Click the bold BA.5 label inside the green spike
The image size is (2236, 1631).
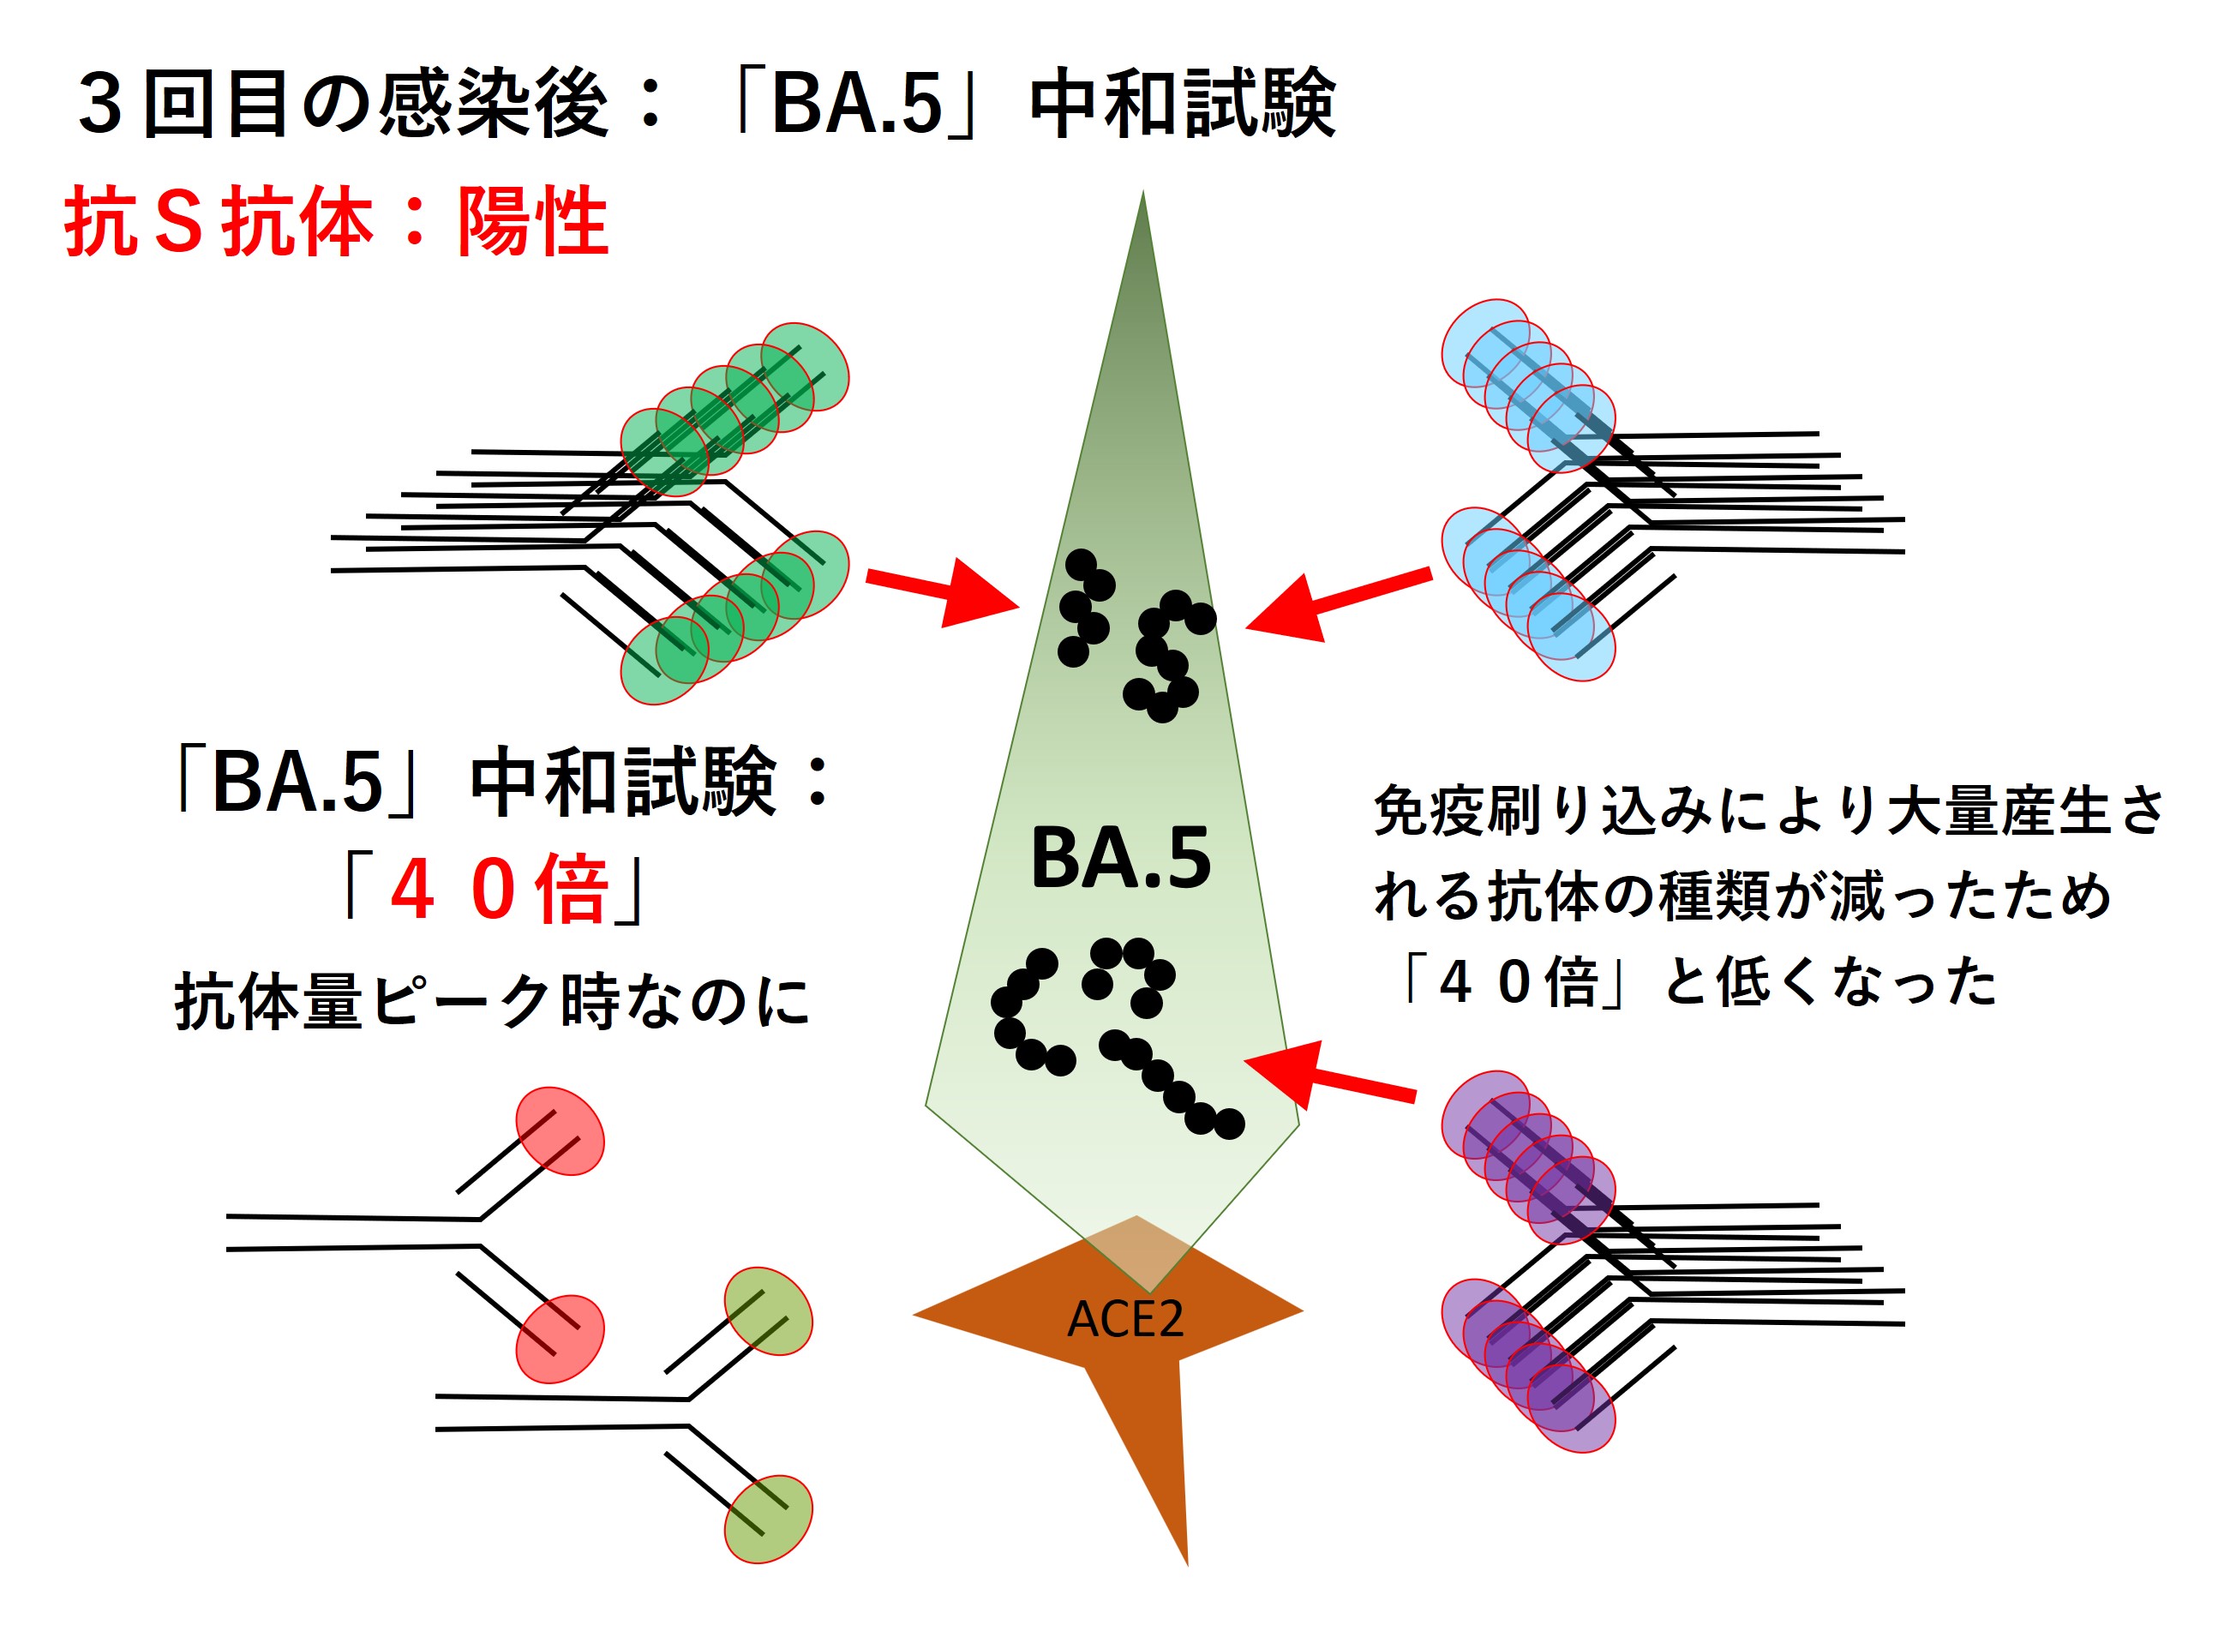(1120, 858)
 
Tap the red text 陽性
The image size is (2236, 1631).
(532, 222)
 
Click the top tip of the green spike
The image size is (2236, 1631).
(1143, 197)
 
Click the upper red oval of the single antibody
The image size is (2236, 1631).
(560, 1131)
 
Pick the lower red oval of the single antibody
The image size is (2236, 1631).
(560, 1339)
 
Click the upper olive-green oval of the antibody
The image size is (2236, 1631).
(768, 1311)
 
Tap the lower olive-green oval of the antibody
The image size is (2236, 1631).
(768, 1519)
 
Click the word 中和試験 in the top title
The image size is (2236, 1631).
(1183, 105)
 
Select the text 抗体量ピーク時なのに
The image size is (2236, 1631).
(492, 1001)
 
